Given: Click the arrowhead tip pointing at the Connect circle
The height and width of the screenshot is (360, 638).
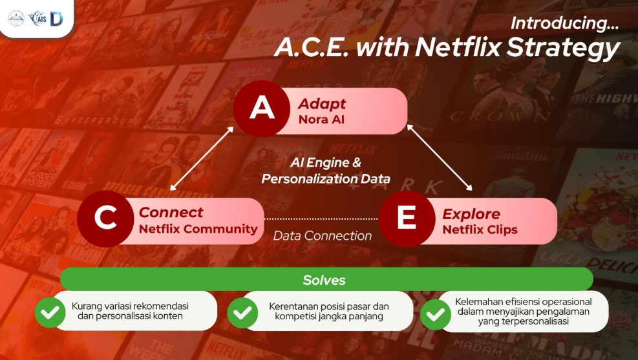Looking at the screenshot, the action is coord(171,190).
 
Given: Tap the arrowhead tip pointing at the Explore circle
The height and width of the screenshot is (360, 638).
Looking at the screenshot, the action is coord(472,191).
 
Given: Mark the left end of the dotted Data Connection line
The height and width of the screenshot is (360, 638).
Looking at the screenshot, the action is coord(265,219).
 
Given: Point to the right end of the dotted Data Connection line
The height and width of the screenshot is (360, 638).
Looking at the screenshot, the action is coord(377,219).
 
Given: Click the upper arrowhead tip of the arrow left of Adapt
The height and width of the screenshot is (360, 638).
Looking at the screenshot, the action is coord(233,127).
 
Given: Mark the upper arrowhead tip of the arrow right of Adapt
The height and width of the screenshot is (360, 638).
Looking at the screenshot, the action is coord(407,125).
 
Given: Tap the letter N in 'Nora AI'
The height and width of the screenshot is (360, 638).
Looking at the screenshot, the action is coord(303,120).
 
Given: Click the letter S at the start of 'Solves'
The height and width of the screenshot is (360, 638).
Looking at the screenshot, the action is coord(307,281).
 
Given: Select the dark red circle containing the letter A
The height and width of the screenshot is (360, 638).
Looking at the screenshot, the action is coord(262,109).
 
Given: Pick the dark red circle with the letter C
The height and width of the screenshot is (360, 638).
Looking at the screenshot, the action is coord(105,218).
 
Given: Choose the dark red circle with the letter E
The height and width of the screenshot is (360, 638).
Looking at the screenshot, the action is coord(407,219).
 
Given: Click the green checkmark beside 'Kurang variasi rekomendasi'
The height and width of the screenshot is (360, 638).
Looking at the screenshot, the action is coord(50,312).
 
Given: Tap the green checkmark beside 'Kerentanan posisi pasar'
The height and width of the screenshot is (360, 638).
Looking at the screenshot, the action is coord(242,313).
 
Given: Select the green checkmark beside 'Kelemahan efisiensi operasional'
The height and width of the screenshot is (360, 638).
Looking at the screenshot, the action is coord(436,315).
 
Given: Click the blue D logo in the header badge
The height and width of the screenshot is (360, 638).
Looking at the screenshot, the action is coord(56,19).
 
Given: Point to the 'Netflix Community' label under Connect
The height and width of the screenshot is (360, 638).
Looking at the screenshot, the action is coord(198,229).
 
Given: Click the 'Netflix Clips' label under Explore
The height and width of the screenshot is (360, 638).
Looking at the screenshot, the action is coord(480,230).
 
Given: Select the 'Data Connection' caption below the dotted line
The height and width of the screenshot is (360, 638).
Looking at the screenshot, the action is coord(323,235).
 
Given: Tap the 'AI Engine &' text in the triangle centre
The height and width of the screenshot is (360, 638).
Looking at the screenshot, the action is coord(326,163).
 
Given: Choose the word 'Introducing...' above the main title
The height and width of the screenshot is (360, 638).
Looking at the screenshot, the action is coord(565,23).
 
